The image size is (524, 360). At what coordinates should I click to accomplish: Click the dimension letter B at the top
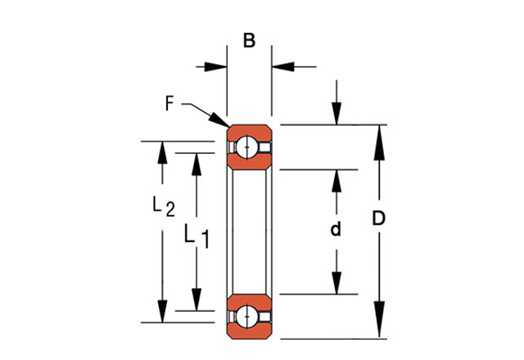pyautogui.click(x=249, y=40)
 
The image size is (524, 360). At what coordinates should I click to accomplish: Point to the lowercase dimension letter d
pyautogui.click(x=335, y=230)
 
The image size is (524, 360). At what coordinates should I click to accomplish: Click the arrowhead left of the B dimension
pyautogui.click(x=217, y=67)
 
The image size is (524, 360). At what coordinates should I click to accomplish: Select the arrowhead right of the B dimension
pyautogui.click(x=279, y=67)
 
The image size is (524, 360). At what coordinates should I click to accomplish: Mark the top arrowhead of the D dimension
pyautogui.click(x=380, y=139)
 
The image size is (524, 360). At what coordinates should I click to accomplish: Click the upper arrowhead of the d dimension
pyautogui.click(x=336, y=182)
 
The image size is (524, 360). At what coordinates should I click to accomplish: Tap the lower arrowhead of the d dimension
pyautogui.click(x=336, y=281)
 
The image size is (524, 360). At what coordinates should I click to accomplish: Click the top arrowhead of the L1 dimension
pyautogui.click(x=196, y=164)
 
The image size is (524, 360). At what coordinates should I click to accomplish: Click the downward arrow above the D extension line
pyautogui.click(x=336, y=114)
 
